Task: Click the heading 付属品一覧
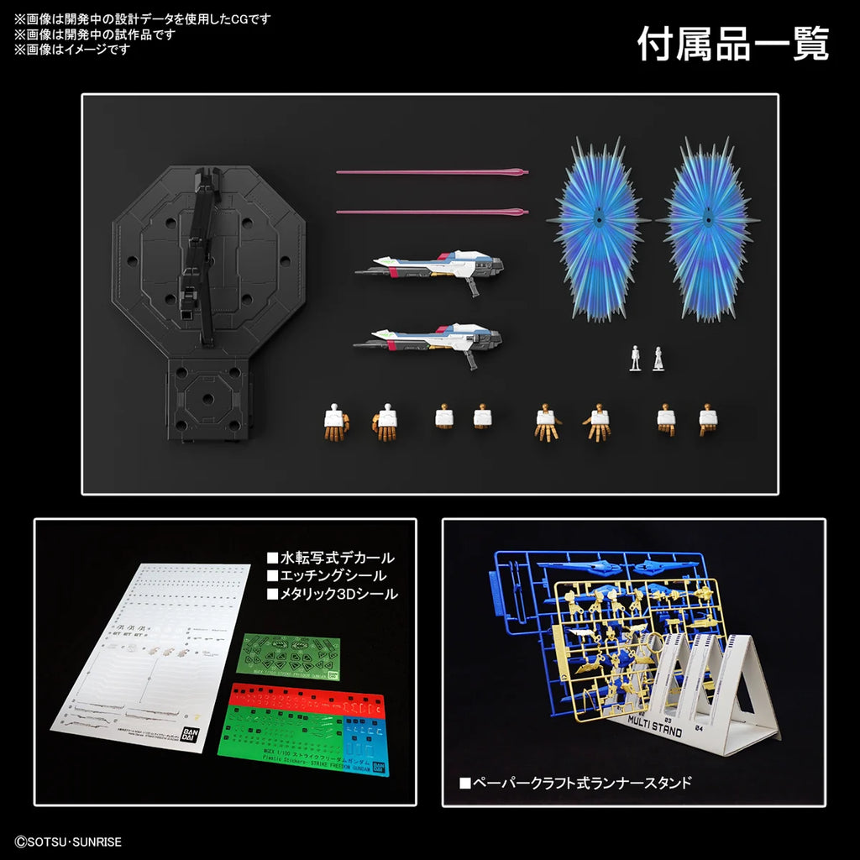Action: point(732,44)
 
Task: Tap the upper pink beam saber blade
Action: point(432,173)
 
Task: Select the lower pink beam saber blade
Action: point(432,212)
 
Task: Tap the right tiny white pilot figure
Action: point(658,359)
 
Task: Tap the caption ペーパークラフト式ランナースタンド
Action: point(575,784)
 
